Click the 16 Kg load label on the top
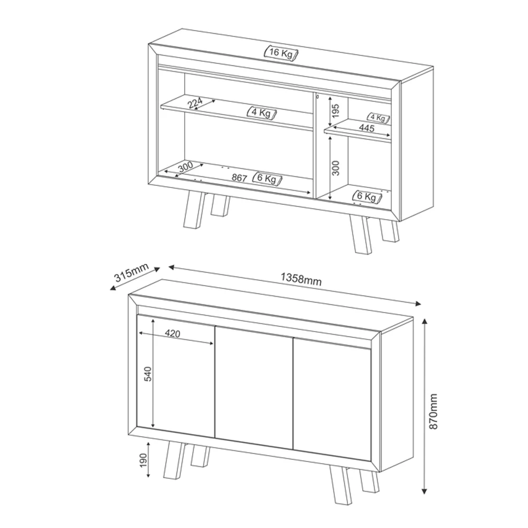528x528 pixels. click(x=282, y=53)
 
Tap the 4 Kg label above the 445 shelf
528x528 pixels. click(x=379, y=117)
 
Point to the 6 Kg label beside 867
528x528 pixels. click(x=267, y=178)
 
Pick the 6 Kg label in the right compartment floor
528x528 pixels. click(x=366, y=196)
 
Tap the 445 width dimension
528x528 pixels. click(x=366, y=128)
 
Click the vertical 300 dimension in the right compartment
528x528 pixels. click(x=336, y=167)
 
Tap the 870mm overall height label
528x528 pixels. click(x=434, y=410)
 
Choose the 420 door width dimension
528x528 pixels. click(x=173, y=334)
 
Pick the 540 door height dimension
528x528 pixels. click(x=148, y=374)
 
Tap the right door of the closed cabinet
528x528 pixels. click(x=333, y=396)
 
